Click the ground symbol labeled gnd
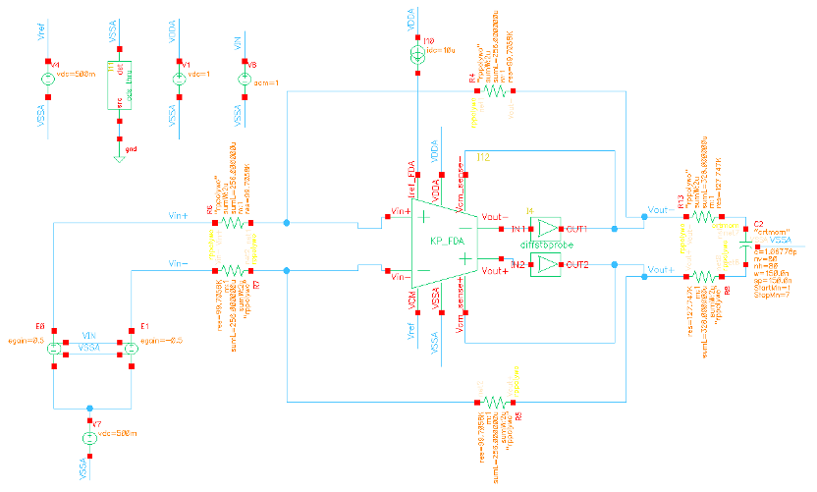click(x=119, y=155)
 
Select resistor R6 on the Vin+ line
click(x=232, y=224)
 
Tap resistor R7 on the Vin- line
click(x=232, y=268)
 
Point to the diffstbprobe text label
click(x=544, y=246)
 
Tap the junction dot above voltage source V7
click(x=89, y=407)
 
